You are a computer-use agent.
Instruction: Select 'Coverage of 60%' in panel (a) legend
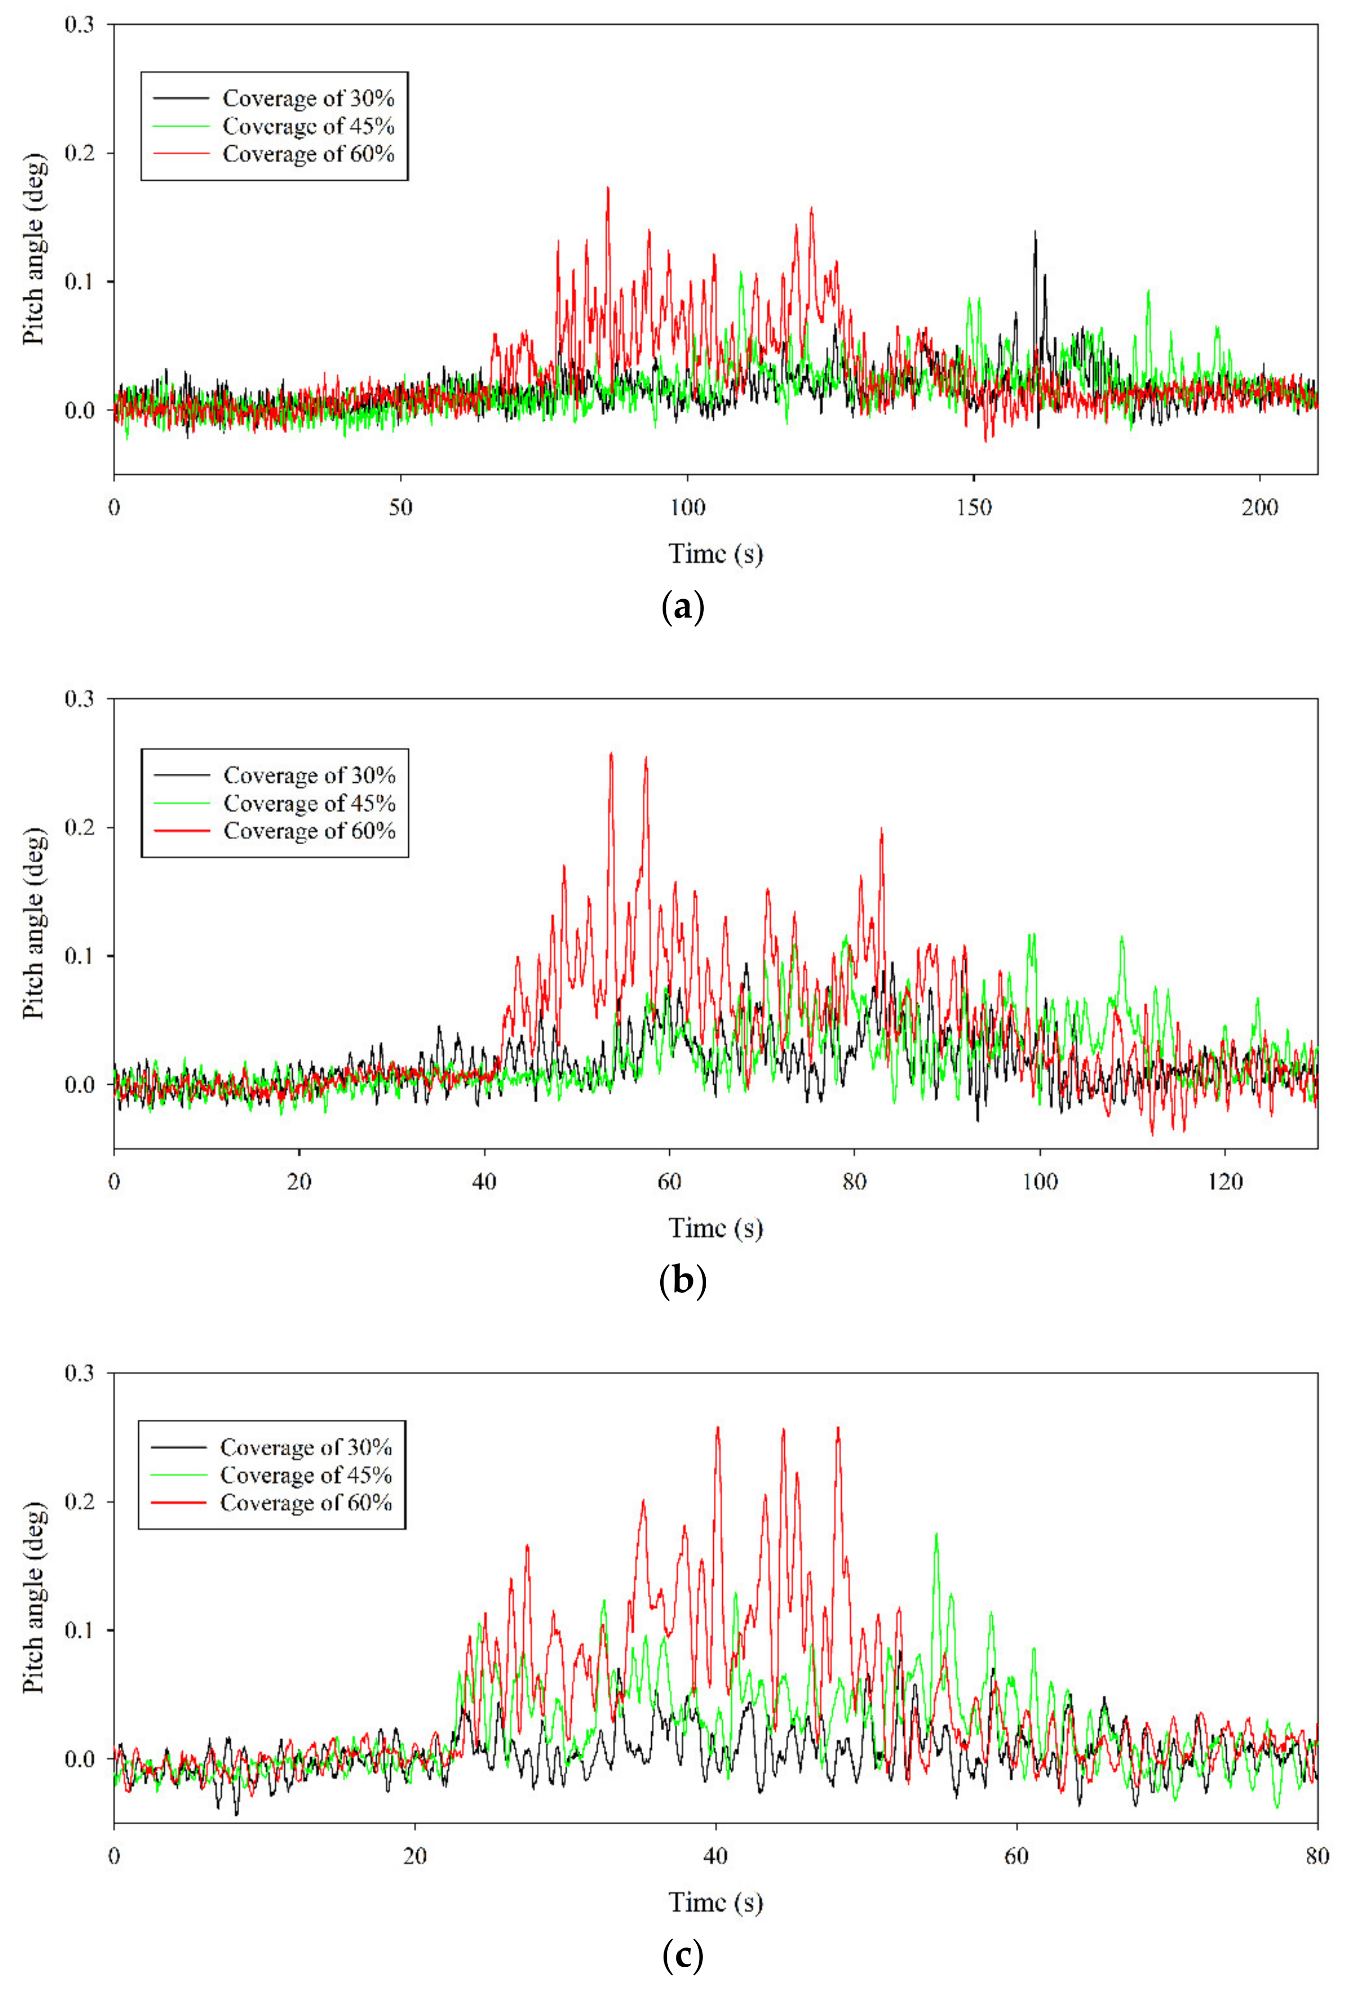tap(308, 154)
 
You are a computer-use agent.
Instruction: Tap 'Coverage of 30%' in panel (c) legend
tap(305, 1446)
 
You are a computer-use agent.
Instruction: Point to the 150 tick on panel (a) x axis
tap(974, 507)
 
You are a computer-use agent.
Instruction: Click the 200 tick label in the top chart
tap(1260, 507)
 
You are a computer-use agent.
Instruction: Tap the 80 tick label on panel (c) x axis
tap(1317, 1856)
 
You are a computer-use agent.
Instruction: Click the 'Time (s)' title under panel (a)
tap(715, 554)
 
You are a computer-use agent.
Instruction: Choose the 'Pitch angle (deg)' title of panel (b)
tap(34, 923)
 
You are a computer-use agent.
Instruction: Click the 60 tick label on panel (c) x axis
tap(1016, 1856)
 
